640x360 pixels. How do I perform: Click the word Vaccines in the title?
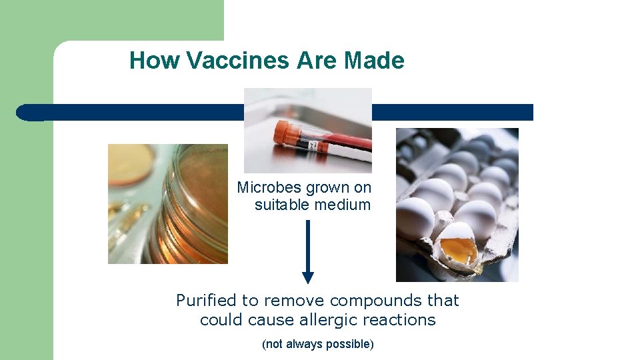point(239,61)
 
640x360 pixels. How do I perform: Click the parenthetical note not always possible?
point(318,344)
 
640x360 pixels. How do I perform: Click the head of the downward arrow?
point(307,277)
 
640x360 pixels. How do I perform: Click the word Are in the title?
point(317,61)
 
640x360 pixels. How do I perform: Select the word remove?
point(304,301)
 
